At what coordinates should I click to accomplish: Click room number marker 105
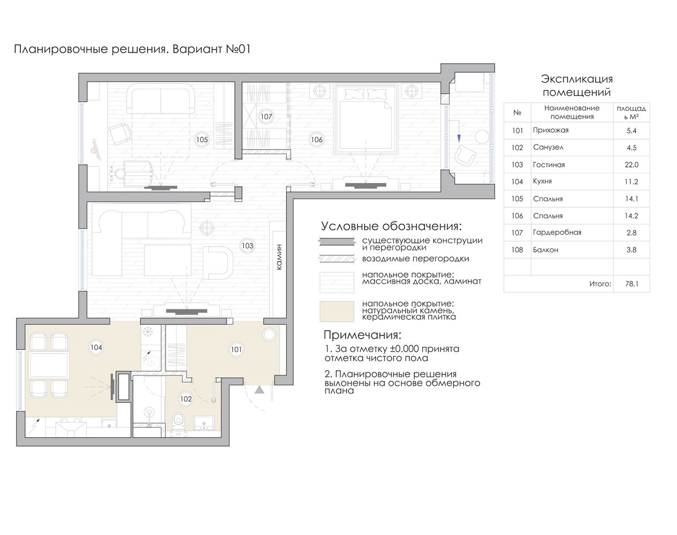point(202,139)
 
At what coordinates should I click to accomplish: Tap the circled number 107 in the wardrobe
point(266,117)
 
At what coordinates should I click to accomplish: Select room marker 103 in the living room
point(247,246)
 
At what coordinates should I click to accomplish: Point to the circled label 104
point(96,347)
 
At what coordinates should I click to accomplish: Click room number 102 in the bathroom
point(186,399)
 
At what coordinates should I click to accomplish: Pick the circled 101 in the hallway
point(236,349)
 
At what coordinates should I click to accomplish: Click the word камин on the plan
point(279,257)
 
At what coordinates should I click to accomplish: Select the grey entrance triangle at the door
point(259,389)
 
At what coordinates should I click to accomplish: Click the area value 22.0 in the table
point(632,165)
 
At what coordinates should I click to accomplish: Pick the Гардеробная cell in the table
point(557,232)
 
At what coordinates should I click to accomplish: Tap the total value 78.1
point(632,284)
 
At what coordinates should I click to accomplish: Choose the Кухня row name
point(542,181)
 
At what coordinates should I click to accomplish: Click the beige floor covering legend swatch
point(337,311)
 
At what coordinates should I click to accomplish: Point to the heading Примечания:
point(362,335)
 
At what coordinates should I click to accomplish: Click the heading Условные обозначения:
point(391,226)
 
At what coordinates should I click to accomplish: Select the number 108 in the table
point(517,250)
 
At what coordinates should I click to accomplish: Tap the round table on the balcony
point(482,137)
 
